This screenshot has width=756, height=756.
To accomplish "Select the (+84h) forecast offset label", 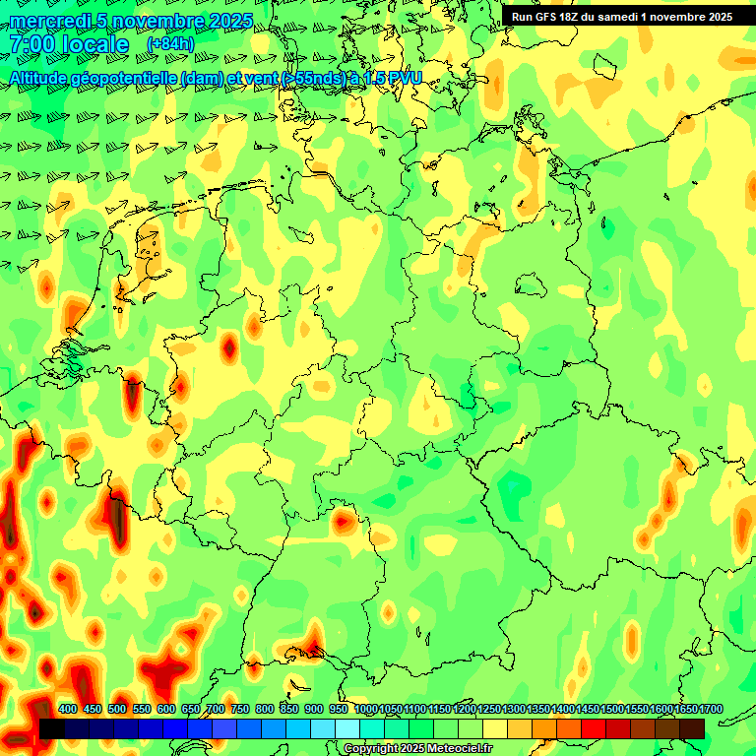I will click(x=170, y=43).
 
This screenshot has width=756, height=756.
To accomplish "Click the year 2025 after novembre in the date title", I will click(x=229, y=21).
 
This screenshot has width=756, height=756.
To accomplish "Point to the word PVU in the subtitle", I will click(x=402, y=77).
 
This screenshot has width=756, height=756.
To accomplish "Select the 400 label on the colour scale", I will click(x=68, y=709).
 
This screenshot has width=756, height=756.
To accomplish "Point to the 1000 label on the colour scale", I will click(x=366, y=709).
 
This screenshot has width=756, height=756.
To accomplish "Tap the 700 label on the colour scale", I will click(x=216, y=709).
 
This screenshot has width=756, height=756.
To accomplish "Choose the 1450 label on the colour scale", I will click(x=588, y=709).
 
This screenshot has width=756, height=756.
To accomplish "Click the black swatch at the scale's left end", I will click(x=51, y=728).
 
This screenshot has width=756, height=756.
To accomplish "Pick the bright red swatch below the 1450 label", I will click(x=594, y=728).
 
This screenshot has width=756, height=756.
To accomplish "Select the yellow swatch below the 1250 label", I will click(x=495, y=728).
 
